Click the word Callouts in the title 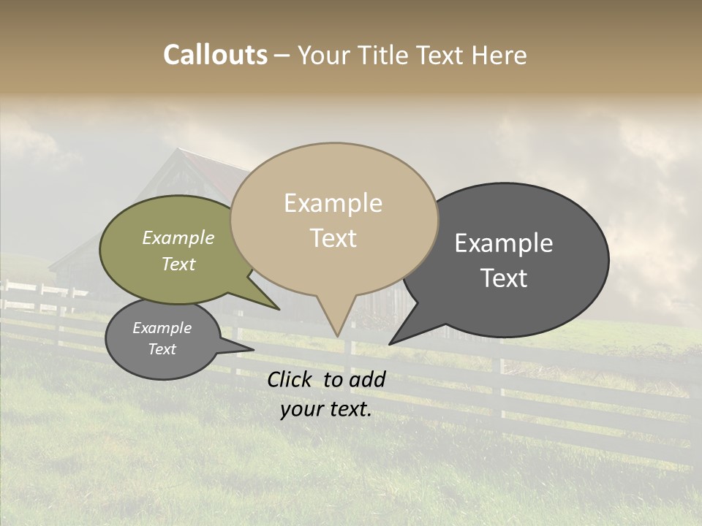coord(215,55)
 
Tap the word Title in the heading coord(384,55)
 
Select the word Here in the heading coord(499,55)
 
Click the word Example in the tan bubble coord(333,203)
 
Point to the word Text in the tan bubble coord(333,238)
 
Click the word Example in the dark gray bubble coord(504,243)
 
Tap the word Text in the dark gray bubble coord(504,278)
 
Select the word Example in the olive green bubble coord(178,238)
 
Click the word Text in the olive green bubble coord(178,264)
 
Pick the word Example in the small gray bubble coord(162,328)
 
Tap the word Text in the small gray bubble coord(162,349)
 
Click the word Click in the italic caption coord(290,379)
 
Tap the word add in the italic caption coord(367,379)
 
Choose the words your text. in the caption coord(326,409)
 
